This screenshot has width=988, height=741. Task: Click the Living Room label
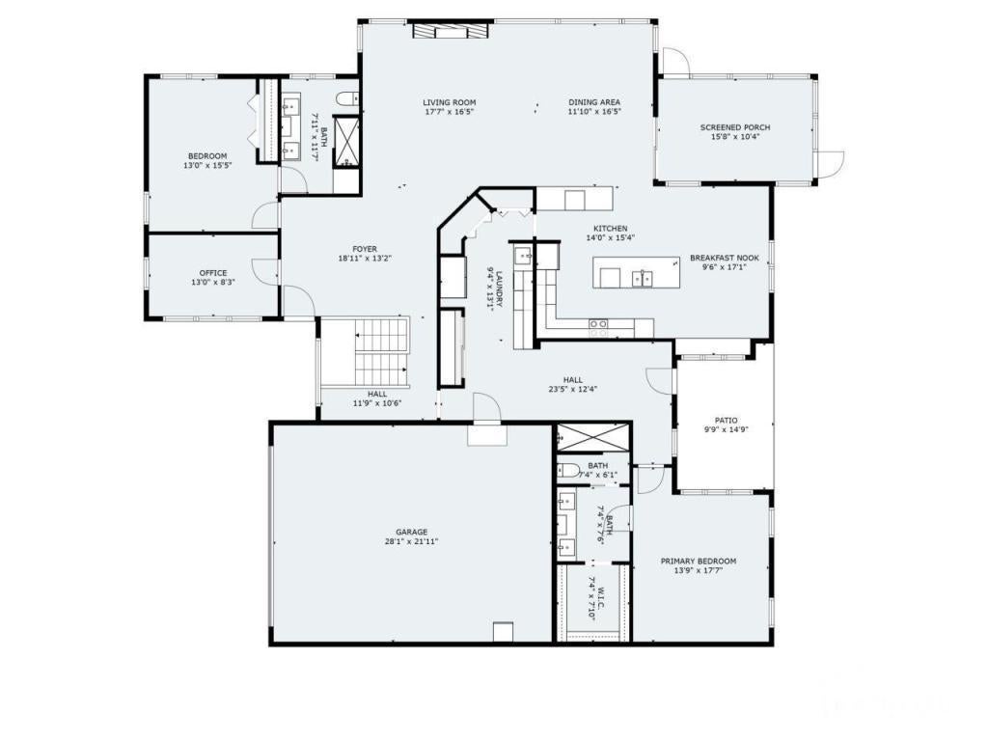click(449, 102)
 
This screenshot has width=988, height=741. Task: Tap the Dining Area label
click(593, 102)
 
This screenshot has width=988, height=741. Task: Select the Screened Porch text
click(734, 127)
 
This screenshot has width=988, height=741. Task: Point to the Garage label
click(411, 532)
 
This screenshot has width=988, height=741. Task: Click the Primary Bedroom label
click(698, 561)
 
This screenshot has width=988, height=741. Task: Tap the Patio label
click(726, 420)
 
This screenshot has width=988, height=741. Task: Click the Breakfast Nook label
click(724, 258)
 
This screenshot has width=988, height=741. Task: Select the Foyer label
click(365, 248)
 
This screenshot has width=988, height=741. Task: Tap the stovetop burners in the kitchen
click(598, 325)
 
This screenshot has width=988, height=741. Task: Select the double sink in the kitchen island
click(642, 279)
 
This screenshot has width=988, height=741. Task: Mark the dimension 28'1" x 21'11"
click(411, 542)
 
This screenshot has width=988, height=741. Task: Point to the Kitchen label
click(610, 228)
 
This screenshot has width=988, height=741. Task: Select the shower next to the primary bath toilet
click(592, 439)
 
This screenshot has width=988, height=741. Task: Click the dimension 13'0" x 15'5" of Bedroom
click(207, 166)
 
